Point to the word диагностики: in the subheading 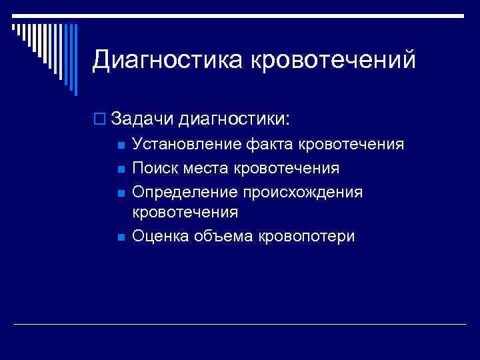point(230,119)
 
